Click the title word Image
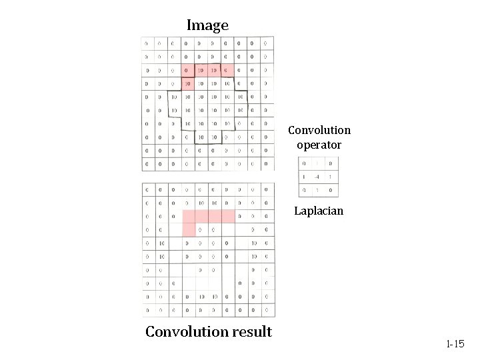207,26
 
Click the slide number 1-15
455,344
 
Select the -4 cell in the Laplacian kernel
317,177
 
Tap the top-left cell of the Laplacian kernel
304,163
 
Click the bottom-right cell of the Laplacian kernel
331,190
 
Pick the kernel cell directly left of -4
304,177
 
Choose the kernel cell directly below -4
317,190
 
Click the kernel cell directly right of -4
331,177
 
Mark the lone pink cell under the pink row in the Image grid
187,83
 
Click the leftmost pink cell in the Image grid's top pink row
187,70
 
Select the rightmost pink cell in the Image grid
227,70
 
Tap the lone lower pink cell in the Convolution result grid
188,229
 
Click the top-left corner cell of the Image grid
147,43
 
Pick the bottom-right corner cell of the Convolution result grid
267,310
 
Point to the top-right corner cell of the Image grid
266,43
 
